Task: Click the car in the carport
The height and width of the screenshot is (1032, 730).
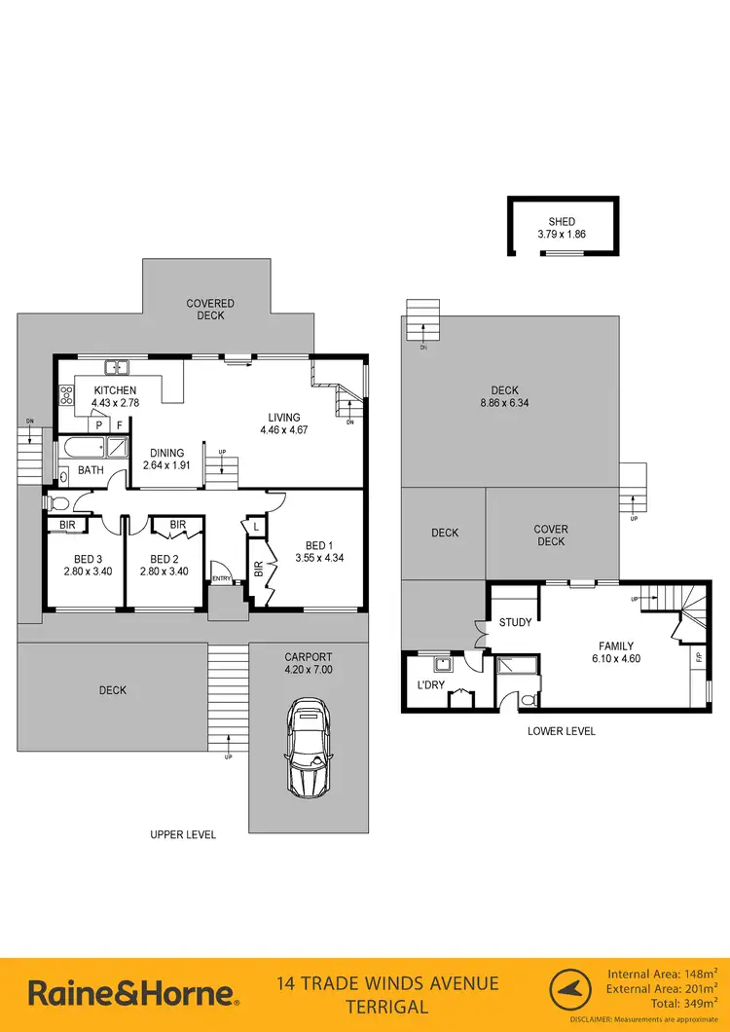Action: point(307,747)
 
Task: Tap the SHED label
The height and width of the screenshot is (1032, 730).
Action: point(562,221)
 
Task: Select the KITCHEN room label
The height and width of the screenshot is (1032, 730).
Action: point(115,389)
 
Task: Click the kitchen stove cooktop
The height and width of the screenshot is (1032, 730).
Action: point(67,395)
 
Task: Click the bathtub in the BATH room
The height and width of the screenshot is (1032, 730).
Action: point(82,450)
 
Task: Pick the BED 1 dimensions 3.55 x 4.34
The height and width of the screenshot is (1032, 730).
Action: point(319,558)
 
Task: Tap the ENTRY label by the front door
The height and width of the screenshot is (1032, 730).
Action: point(222,579)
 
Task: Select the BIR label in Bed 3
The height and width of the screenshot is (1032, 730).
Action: point(67,525)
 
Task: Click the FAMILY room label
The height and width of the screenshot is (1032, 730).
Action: point(616,645)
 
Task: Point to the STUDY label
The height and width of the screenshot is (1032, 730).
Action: point(515,622)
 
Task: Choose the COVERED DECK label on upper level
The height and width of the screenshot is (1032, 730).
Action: point(210,310)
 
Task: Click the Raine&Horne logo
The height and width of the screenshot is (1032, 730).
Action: point(132,993)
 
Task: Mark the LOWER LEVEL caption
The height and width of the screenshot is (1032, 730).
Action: point(561,731)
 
